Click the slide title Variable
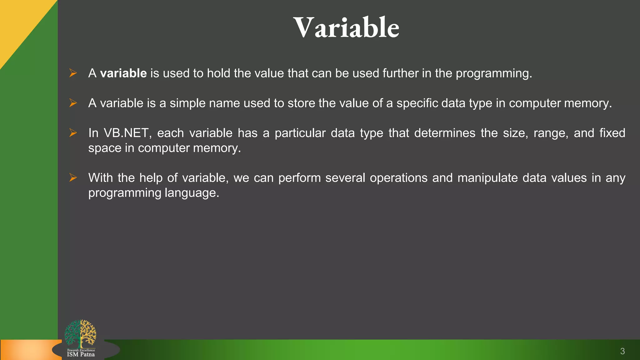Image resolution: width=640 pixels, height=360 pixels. (x=346, y=28)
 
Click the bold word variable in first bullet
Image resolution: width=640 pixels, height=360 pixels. (x=123, y=73)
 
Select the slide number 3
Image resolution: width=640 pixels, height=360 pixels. (x=622, y=351)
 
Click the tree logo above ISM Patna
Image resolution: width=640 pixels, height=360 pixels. (x=80, y=333)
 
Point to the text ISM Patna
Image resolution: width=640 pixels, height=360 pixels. (x=81, y=354)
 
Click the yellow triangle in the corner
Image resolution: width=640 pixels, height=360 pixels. (x=19, y=22)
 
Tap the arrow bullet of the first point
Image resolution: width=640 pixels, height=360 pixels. (x=73, y=73)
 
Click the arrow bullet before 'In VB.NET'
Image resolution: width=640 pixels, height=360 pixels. (x=73, y=133)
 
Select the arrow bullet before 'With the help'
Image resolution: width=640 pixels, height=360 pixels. (x=73, y=177)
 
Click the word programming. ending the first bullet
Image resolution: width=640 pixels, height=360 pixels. (x=493, y=73)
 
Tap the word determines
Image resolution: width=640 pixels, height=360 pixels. (x=444, y=133)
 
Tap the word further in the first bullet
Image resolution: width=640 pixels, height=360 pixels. (x=400, y=73)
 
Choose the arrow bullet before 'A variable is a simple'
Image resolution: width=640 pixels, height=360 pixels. (x=73, y=103)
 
